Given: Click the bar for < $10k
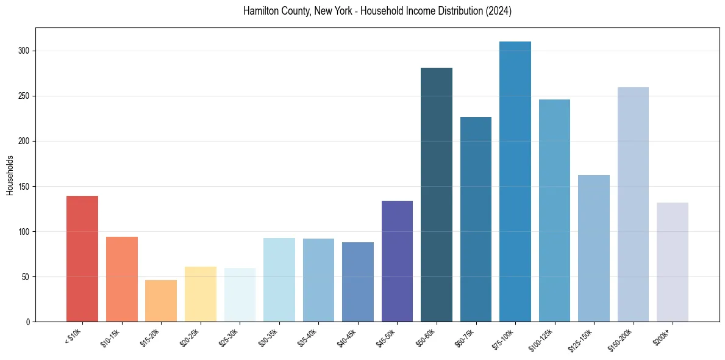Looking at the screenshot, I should tap(82, 259).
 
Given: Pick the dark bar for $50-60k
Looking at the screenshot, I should tap(436, 195).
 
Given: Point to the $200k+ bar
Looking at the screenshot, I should tap(672, 262).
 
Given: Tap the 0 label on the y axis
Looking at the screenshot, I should tap(28, 322).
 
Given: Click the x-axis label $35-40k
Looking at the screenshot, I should tap(309, 336).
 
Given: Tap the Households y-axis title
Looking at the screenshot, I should tap(10, 175).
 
